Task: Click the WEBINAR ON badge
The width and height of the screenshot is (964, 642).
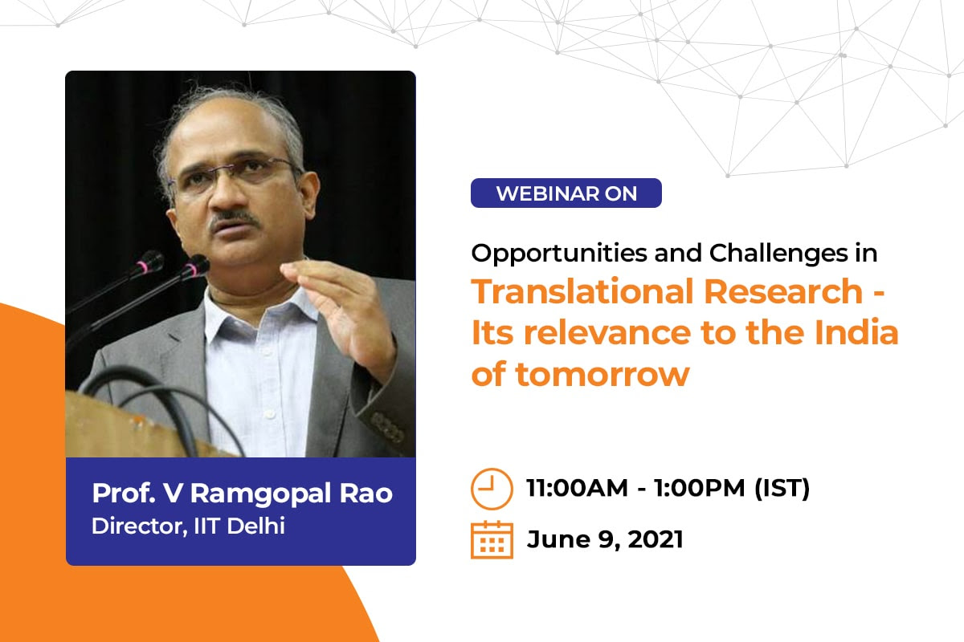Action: [x=566, y=193]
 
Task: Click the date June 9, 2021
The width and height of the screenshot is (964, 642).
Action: [x=605, y=539]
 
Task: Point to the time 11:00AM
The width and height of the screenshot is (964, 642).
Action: [x=577, y=488]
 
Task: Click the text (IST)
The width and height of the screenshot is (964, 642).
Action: [x=782, y=489]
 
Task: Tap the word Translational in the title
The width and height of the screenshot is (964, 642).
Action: [x=581, y=291]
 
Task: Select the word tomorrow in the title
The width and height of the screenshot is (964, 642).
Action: [x=602, y=375]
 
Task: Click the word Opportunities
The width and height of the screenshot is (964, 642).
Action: [x=559, y=254]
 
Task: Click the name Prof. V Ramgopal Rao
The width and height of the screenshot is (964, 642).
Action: [x=242, y=494]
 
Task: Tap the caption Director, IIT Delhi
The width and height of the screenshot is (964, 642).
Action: [x=188, y=526]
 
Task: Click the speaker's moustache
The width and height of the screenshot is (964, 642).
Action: [x=234, y=218]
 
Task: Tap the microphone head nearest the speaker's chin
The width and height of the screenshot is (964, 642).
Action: [x=196, y=266]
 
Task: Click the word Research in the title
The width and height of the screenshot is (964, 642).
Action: [x=783, y=291]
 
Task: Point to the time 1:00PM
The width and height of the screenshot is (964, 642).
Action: [x=700, y=488]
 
